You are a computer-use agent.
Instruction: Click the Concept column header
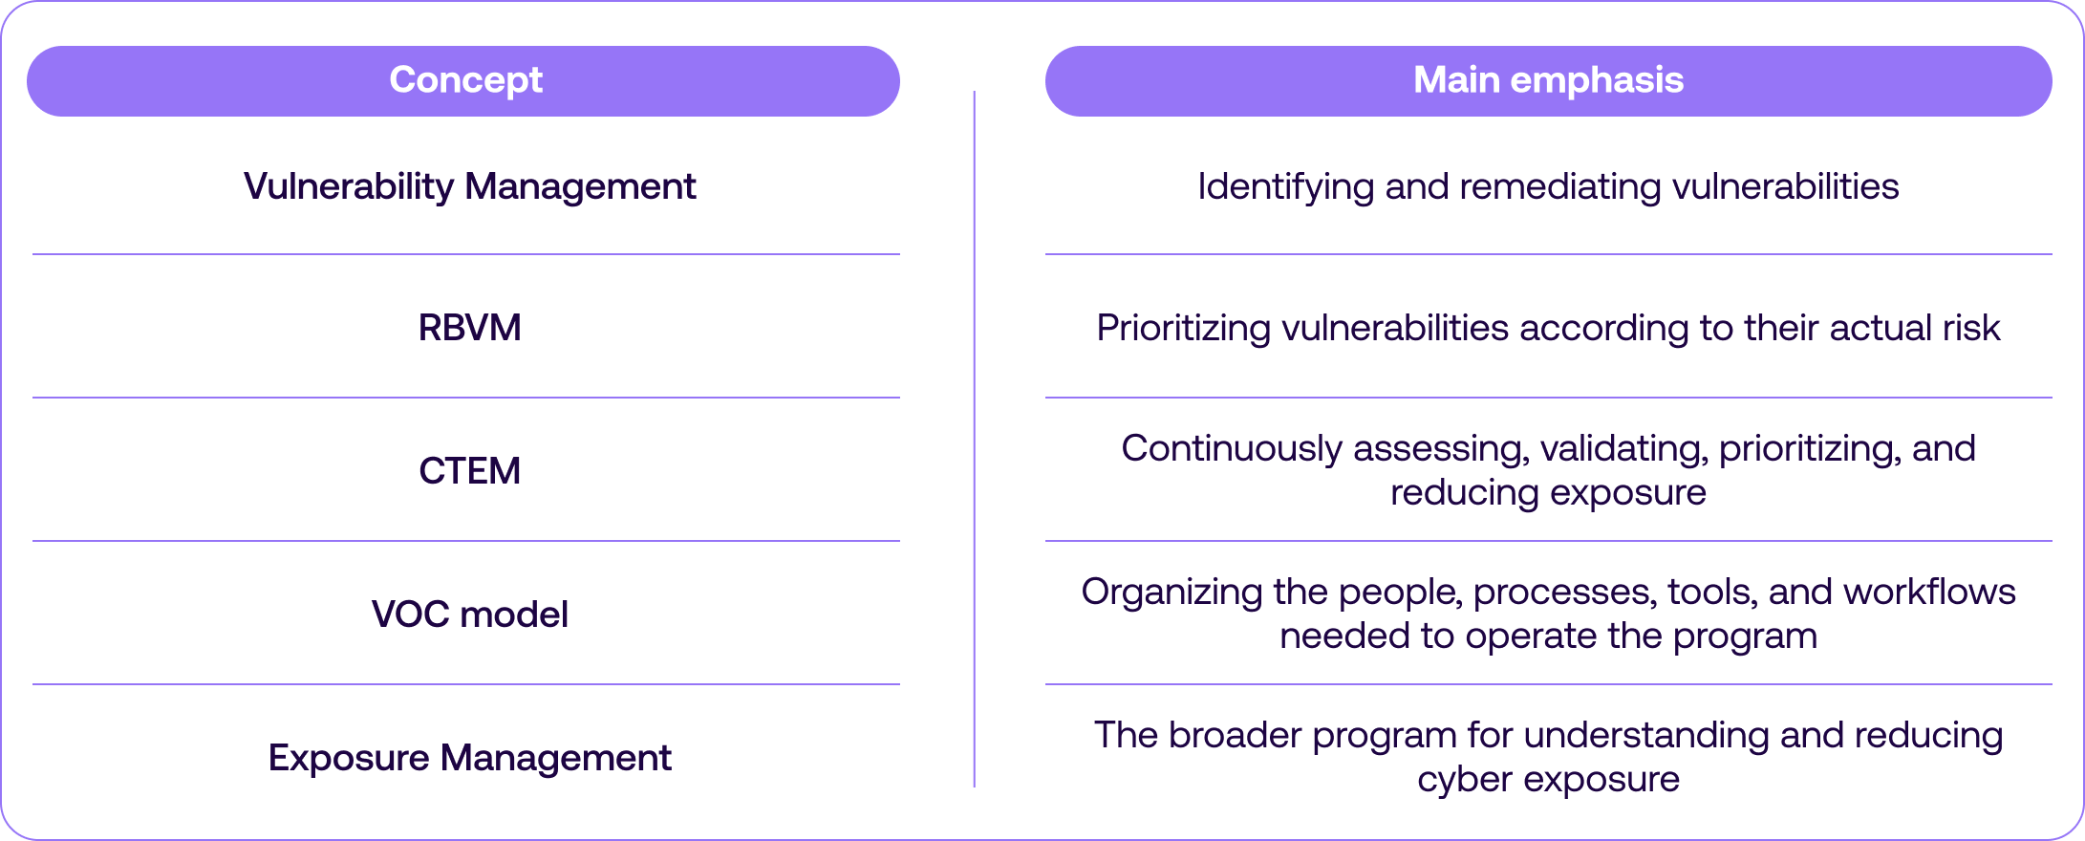click(x=465, y=81)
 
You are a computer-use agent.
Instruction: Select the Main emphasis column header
click(x=1548, y=80)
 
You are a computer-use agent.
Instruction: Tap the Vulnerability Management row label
click(x=469, y=187)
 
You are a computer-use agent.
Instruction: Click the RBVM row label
click(x=469, y=328)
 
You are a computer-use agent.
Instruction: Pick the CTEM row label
click(x=469, y=471)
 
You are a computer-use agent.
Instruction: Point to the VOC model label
click(x=469, y=615)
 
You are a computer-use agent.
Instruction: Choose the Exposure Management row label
click(x=469, y=759)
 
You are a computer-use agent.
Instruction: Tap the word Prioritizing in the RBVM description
click(x=1184, y=328)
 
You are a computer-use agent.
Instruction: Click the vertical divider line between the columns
click(x=974, y=439)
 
